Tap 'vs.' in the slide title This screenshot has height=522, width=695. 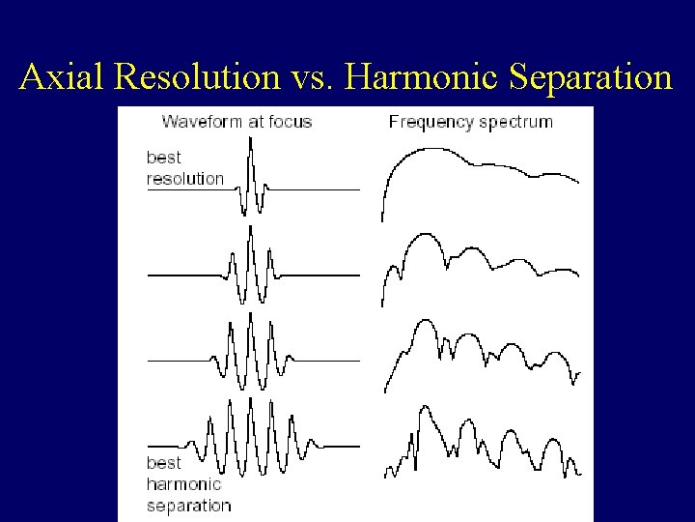pos(311,76)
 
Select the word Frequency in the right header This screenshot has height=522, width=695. pos(430,122)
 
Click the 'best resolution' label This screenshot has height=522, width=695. pos(184,167)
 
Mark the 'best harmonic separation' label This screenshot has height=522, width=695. pos(188,483)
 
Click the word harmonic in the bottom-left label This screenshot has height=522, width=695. pos(183,483)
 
